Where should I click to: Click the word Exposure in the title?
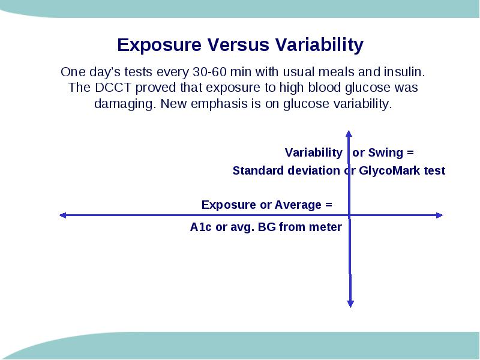point(159,45)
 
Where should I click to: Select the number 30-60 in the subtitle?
point(209,72)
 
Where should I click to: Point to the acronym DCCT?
point(113,88)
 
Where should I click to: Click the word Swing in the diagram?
point(385,153)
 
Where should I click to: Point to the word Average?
point(298,205)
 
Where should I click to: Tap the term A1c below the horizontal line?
point(200,227)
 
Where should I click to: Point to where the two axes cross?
point(349,215)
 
